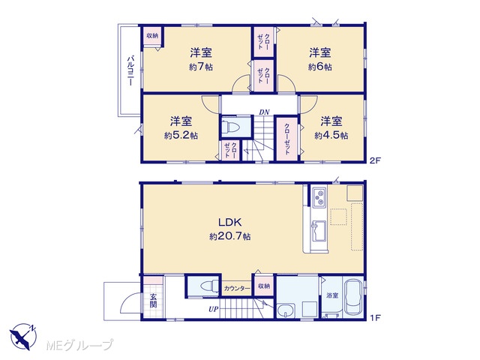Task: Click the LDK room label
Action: click(230, 222)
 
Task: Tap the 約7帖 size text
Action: click(201, 67)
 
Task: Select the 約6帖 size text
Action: click(320, 67)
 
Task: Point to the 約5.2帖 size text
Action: click(181, 135)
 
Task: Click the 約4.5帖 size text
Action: click(331, 135)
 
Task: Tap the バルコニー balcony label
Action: click(130, 70)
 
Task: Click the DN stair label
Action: click(264, 112)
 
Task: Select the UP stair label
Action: click(213, 309)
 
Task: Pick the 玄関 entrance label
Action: click(153, 300)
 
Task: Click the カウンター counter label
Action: click(237, 288)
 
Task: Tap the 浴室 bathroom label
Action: click(332, 295)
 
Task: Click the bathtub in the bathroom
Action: click(353, 298)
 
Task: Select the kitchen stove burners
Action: click(320, 198)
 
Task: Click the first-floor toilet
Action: click(208, 286)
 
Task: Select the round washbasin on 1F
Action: click(286, 312)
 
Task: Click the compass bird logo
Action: click(22, 336)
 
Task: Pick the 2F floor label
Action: click(375, 160)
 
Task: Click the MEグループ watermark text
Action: click(79, 345)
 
